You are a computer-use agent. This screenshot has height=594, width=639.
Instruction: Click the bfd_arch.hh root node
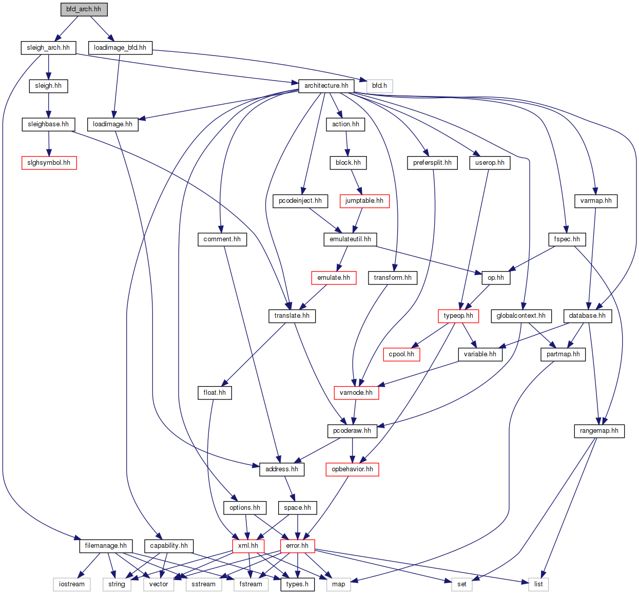coord(84,9)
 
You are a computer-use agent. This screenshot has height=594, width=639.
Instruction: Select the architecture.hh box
coord(326,86)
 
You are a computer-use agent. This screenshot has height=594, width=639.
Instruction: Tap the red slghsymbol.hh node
coord(49,163)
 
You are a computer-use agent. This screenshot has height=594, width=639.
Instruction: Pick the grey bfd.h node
coord(379,86)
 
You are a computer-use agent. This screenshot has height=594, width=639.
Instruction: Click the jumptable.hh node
coord(364,201)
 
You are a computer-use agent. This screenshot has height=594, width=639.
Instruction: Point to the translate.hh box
coord(292,316)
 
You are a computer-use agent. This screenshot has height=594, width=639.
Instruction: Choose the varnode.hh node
coord(356,393)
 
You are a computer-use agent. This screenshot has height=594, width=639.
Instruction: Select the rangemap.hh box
coord(599,431)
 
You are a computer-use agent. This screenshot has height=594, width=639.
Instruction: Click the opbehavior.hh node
coord(352,469)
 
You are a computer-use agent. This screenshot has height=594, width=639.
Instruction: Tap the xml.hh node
coord(248,546)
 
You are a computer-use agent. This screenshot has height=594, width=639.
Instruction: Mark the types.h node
coord(297,584)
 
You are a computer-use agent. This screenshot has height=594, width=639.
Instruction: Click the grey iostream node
coord(72,584)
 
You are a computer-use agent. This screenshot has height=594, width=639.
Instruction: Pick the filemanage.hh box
coord(106,546)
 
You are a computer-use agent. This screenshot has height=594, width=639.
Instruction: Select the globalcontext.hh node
coord(521,316)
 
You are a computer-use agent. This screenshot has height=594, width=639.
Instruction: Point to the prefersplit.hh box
coord(432,163)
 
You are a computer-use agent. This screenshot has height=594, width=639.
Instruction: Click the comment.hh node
coord(222,239)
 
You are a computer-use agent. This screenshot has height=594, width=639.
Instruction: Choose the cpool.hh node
coord(401,354)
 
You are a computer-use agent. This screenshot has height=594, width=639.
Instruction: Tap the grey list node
coord(538,584)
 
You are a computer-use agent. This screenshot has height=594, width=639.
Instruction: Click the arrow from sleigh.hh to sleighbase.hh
coord(49,105)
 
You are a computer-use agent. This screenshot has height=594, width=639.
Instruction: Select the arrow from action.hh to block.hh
coord(347,143)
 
